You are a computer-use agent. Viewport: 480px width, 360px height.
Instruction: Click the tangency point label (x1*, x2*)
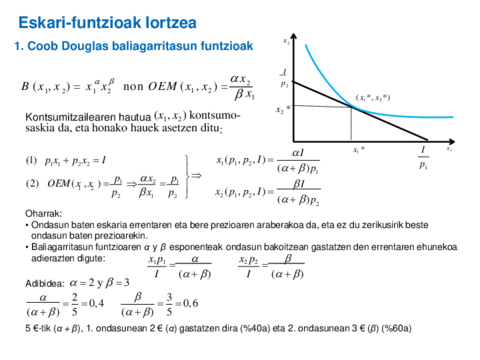pos(372,97)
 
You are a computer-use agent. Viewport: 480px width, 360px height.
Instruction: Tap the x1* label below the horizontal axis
pos(358,149)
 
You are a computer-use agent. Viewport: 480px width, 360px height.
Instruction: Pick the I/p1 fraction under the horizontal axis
pos(425,157)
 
